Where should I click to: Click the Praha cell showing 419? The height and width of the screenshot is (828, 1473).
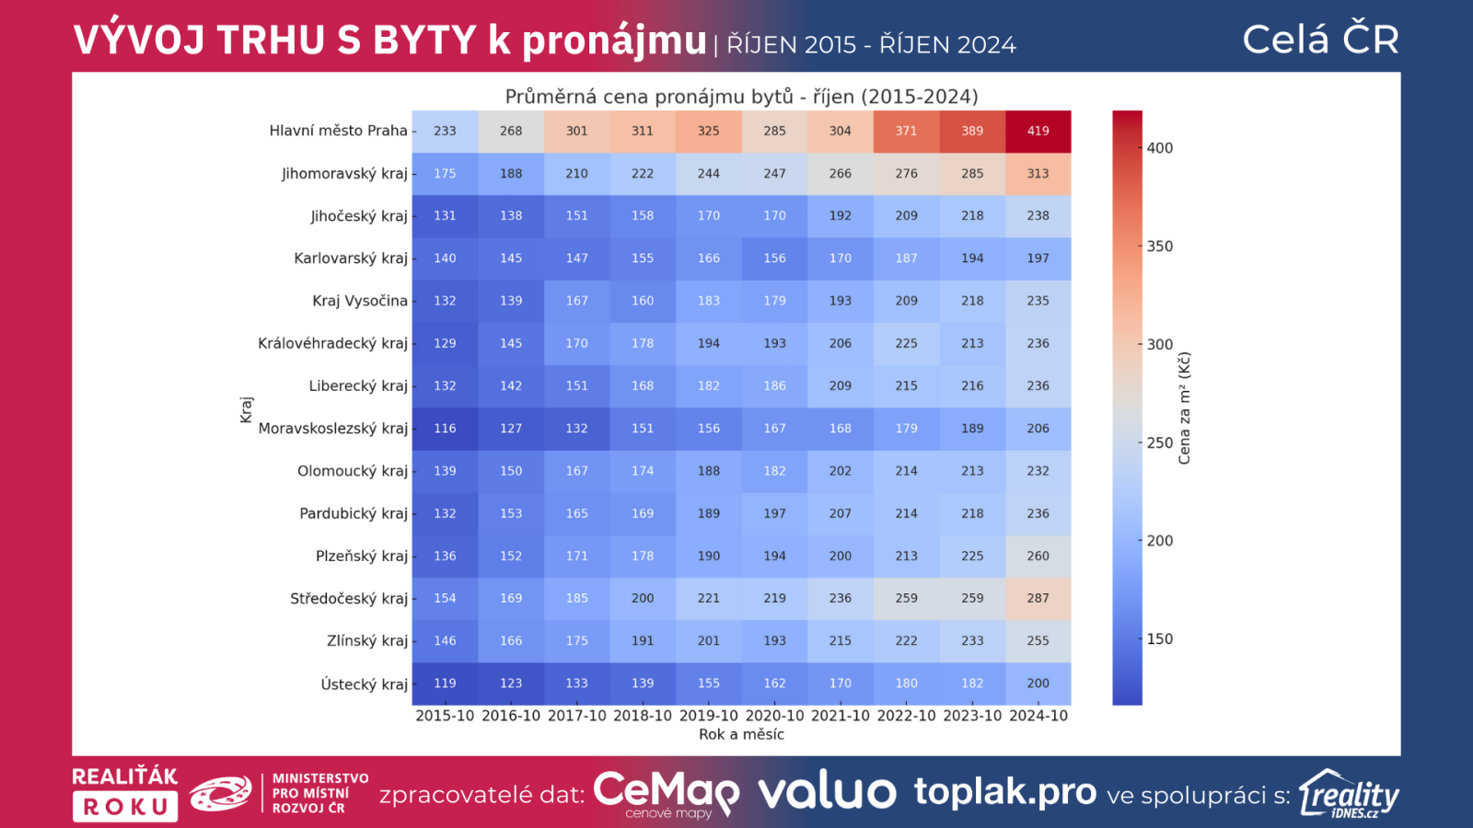(1038, 131)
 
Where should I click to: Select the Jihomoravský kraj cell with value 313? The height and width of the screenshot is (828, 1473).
(1038, 173)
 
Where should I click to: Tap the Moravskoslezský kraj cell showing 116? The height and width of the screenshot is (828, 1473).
(445, 428)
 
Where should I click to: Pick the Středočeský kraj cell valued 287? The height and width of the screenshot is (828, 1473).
(1038, 598)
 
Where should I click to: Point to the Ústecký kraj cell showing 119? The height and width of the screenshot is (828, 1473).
(445, 684)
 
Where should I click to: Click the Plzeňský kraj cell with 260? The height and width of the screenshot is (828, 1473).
(1038, 556)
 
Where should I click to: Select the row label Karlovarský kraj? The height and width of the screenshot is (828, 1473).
(350, 259)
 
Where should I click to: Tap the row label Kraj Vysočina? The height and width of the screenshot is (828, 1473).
(359, 301)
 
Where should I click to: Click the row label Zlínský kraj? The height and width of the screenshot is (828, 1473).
(366, 641)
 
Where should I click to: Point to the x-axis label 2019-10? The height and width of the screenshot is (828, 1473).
(708, 716)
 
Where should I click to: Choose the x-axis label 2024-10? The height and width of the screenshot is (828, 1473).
(1038, 716)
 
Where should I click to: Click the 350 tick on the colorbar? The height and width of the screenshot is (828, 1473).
(1160, 247)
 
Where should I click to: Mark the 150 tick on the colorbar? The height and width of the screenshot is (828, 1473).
(1160, 639)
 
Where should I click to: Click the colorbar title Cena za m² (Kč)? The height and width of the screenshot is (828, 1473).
(1185, 408)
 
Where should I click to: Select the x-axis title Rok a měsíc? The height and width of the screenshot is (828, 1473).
(741, 734)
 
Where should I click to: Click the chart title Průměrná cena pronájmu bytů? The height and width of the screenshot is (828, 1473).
(741, 97)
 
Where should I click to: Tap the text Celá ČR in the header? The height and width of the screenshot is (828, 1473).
(1320, 40)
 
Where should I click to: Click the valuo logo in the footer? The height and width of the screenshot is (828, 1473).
(827, 792)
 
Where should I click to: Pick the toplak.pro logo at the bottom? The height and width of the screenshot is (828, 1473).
(1004, 792)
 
